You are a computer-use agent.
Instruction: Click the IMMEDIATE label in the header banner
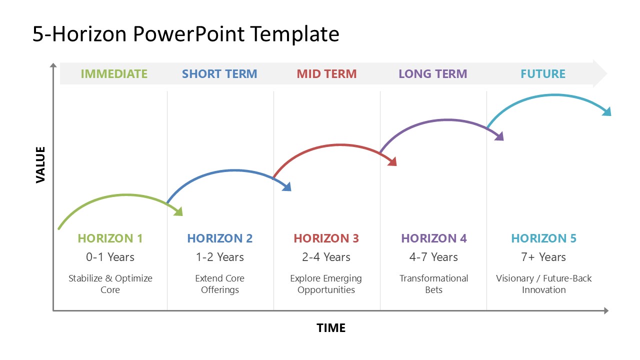[114, 73]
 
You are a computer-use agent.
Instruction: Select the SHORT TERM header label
[219, 73]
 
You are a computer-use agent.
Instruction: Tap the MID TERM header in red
[326, 73]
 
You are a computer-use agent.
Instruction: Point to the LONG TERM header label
[433, 73]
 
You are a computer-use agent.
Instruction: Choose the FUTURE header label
[543, 73]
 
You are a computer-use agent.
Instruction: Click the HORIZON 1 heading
[110, 238]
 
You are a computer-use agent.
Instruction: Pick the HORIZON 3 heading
[326, 238]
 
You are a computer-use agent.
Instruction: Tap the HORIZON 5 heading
[543, 238]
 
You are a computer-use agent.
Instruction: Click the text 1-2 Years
[219, 257]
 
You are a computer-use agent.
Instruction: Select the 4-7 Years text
[433, 257]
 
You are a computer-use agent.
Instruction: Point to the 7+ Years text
[543, 257]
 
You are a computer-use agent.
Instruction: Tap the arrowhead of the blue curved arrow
[287, 186]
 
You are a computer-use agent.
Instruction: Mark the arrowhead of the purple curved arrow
[499, 136]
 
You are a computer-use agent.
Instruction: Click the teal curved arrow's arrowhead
[607, 111]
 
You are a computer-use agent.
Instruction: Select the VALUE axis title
[40, 165]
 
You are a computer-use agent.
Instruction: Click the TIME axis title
[331, 328]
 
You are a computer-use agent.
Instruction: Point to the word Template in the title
[295, 34]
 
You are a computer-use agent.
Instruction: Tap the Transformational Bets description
[433, 284]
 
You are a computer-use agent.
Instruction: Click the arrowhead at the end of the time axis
[606, 310]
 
